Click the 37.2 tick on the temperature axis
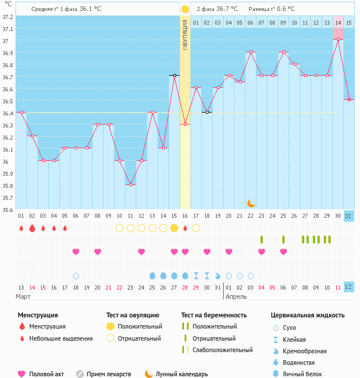click(8, 17)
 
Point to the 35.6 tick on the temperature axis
click(8, 210)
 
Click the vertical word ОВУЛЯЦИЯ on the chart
click(185, 34)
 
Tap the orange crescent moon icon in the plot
click(251, 203)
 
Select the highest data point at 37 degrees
click(339, 39)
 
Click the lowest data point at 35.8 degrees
click(131, 184)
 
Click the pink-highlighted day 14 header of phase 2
click(338, 22)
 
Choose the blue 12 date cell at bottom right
click(349, 287)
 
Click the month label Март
click(24, 296)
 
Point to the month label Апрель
click(236, 296)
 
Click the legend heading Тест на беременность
click(213, 315)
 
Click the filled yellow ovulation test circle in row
click(174, 228)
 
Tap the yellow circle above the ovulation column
click(185, 9)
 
